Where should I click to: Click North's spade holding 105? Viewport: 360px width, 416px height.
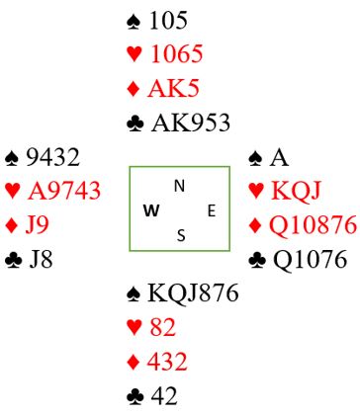coord(168,21)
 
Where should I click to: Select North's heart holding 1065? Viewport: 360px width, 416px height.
coord(177,53)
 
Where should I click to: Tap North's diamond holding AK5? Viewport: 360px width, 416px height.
coord(173,88)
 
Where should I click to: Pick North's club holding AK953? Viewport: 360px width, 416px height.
coord(190,123)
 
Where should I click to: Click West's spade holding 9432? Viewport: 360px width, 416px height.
coord(52,157)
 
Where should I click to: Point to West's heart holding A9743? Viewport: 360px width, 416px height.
coord(64,191)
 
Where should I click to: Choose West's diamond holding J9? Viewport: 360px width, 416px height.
coord(37,225)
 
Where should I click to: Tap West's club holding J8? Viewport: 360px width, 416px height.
coord(41,259)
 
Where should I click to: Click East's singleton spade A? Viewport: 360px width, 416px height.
coord(279,158)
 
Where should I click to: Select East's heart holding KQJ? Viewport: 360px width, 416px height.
coord(296,191)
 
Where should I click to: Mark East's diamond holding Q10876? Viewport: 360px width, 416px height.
coord(313,225)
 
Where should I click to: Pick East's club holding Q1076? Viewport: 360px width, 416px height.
coord(311,259)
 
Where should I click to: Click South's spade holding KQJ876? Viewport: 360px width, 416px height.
coord(193,293)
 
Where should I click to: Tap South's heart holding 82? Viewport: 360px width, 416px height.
coord(163,327)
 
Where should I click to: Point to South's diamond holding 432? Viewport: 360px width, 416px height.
coord(167,362)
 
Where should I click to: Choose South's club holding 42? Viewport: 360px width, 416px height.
coord(164,395)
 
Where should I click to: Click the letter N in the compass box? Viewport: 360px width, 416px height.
coord(179,187)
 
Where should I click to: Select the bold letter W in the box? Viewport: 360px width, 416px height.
coord(152,210)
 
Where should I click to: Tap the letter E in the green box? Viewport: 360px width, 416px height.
coord(212,210)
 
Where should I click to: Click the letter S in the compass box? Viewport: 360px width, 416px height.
coord(181,235)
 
